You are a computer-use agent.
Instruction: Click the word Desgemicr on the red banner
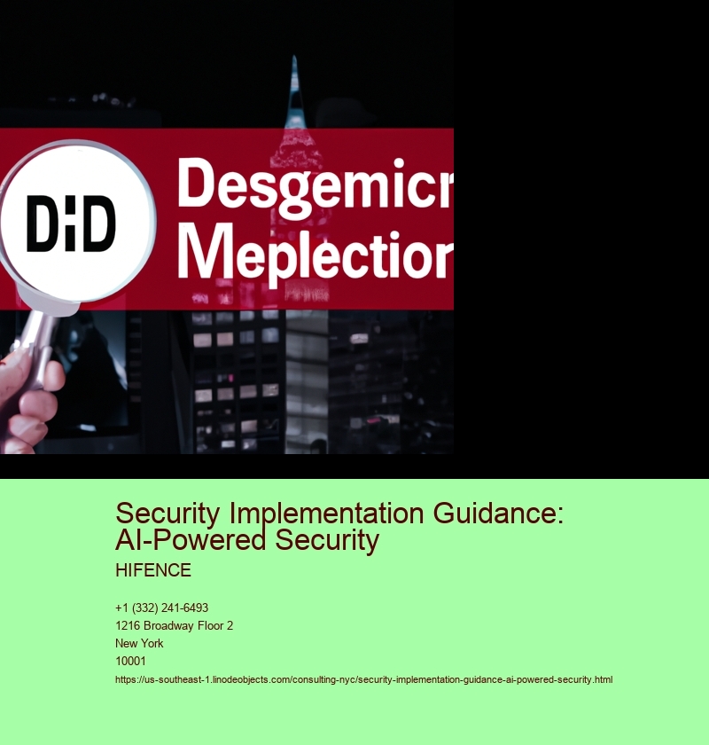[x=315, y=183]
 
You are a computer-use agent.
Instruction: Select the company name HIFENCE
[x=153, y=570]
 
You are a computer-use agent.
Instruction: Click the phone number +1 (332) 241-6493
[x=161, y=608]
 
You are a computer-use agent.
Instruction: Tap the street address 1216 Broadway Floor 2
[x=174, y=625]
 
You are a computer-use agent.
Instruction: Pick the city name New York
[x=139, y=643]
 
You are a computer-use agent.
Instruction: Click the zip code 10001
[x=130, y=661]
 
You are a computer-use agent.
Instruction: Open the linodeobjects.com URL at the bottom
[x=363, y=679]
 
